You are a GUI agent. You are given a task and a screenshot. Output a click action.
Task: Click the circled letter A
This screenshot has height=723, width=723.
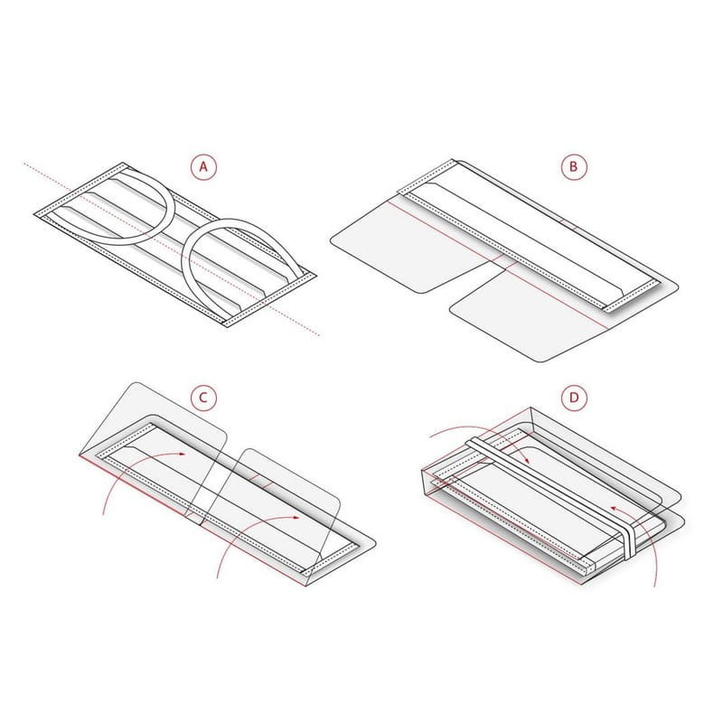(203, 166)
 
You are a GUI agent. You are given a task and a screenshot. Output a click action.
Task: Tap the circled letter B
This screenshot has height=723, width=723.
(574, 166)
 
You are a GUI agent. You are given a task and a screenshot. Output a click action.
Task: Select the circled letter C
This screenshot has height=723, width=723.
(203, 398)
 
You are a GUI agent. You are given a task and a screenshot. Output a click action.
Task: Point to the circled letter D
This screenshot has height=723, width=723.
(574, 398)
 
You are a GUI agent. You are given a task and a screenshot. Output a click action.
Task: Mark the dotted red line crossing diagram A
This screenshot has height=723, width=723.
(172, 249)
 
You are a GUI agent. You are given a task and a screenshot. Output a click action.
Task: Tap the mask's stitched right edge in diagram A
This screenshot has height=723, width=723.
(268, 300)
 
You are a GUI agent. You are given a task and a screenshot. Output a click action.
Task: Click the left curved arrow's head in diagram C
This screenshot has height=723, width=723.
(183, 454)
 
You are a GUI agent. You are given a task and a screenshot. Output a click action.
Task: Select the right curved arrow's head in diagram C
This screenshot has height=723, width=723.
(296, 517)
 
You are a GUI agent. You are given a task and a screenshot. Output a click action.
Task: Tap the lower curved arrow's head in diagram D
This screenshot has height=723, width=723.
(615, 508)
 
